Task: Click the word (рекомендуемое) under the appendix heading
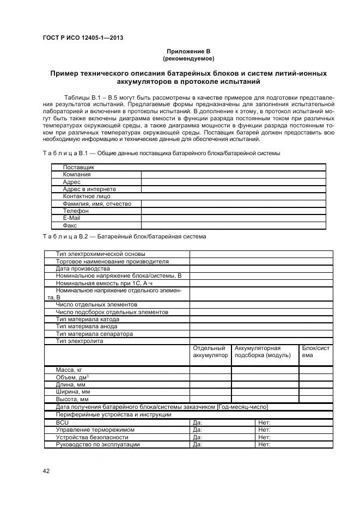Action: click(x=188, y=58)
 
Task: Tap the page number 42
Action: click(x=46, y=471)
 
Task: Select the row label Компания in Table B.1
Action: click(x=77, y=175)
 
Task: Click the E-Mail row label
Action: click(x=71, y=218)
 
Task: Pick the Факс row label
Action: click(x=70, y=225)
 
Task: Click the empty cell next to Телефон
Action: click(x=233, y=211)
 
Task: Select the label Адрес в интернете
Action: click(x=89, y=189)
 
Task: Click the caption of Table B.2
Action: click(x=124, y=237)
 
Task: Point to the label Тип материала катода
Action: click(x=87, y=319)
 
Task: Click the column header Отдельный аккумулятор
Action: click(x=210, y=352)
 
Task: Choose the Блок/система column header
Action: click(x=315, y=352)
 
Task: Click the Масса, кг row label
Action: click(x=69, y=370)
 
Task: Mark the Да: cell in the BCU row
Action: click(x=222, y=422)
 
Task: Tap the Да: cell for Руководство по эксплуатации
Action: click(x=222, y=444)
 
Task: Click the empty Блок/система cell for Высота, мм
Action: click(x=315, y=398)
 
